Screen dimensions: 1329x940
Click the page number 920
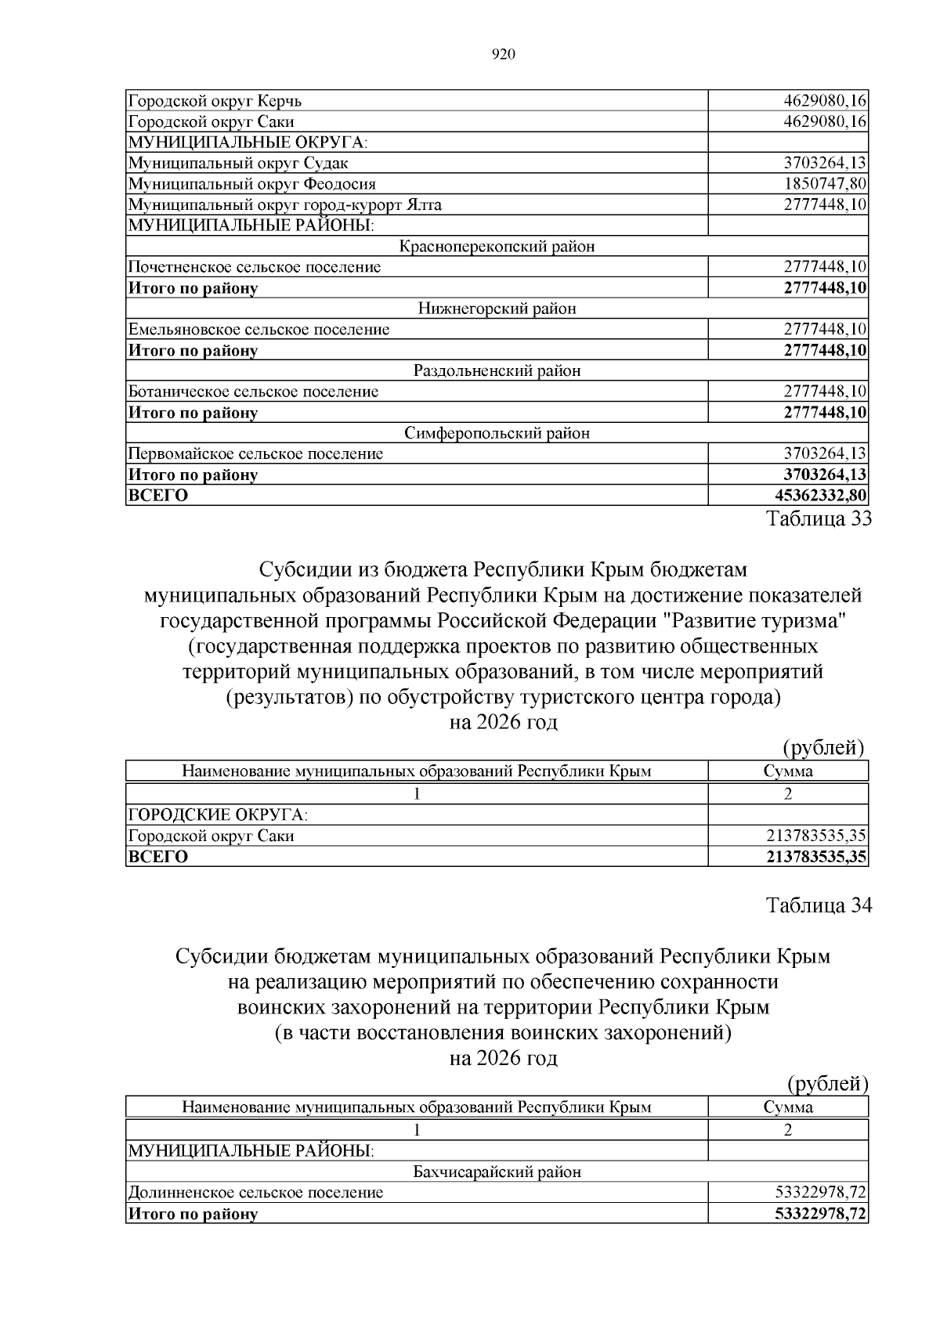[503, 54]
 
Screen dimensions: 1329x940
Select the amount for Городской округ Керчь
[825, 101]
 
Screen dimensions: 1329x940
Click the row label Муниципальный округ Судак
[238, 164]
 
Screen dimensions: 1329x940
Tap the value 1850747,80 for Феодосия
[825, 184]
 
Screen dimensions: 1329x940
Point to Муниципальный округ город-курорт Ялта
[284, 205]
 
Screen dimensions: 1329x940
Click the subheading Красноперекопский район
[497, 247]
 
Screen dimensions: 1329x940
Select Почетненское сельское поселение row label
[255, 267]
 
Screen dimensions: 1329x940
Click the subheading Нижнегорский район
[497, 309]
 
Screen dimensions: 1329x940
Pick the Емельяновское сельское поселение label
[258, 330]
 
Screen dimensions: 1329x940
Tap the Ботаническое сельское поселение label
[253, 392]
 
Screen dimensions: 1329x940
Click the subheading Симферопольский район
[497, 433]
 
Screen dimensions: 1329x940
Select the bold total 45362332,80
[820, 496]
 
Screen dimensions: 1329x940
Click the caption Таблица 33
[819, 519]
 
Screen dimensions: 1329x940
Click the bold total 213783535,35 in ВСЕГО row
[816, 857]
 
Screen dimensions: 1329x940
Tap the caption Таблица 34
[819, 906]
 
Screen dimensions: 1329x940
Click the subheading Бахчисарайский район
[497, 1172]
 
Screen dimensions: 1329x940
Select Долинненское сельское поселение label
[255, 1193]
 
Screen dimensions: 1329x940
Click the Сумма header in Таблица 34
[788, 1107]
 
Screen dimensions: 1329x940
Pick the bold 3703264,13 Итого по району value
[825, 475]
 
